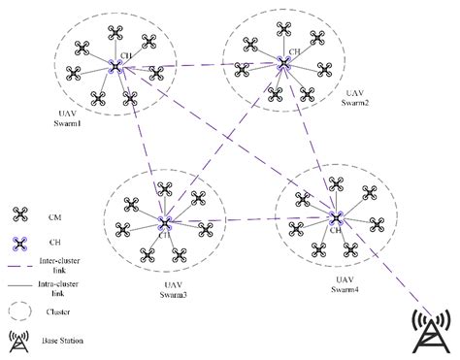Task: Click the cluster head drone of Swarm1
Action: coord(115,66)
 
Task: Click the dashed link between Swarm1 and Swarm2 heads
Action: coord(199,65)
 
